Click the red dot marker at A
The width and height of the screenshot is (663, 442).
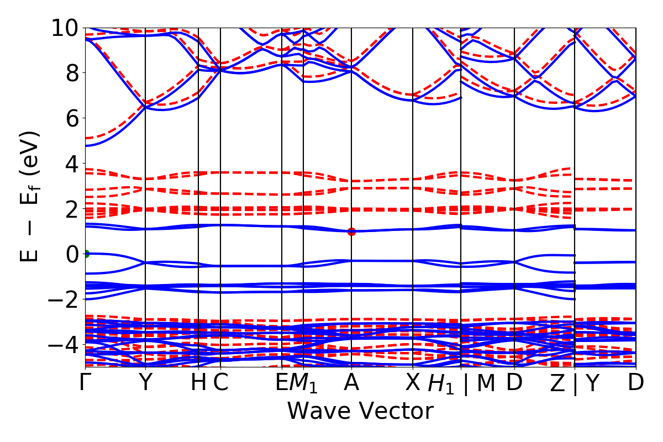point(351,231)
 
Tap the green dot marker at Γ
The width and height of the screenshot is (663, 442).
point(86,254)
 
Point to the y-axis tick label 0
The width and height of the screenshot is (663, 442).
point(69,254)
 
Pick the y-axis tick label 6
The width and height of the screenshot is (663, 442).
point(69,118)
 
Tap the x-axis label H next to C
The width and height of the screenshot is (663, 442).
point(198,383)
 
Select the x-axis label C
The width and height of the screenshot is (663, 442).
point(220,383)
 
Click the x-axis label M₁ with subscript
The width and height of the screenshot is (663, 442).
point(305,384)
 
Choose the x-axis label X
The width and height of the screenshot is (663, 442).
point(413,383)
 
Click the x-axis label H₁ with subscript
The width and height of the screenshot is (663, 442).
point(441,384)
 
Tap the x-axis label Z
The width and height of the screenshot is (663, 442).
point(557,383)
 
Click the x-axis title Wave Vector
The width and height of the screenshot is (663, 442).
point(360,411)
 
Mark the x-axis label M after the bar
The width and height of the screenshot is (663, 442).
point(486,383)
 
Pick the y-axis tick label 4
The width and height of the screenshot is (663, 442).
point(69,164)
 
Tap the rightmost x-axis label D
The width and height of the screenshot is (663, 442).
point(635,383)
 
